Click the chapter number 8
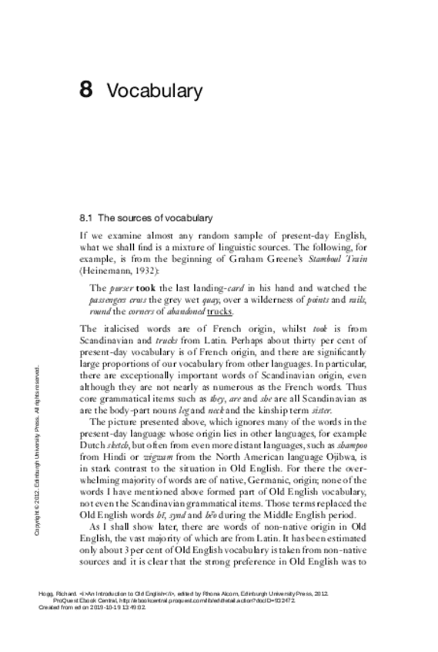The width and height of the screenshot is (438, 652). coord(85,91)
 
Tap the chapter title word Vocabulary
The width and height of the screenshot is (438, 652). coord(155,91)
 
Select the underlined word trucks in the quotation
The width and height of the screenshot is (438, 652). coord(217,311)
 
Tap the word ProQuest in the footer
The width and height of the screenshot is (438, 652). coord(65,600)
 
